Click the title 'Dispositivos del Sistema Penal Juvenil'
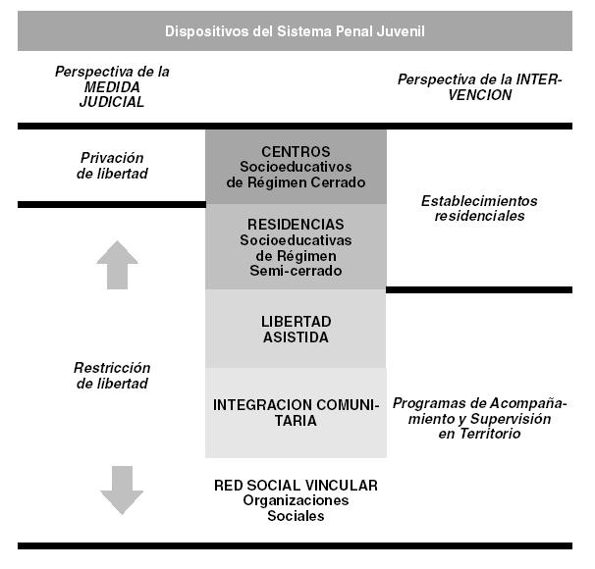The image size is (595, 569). click(x=295, y=31)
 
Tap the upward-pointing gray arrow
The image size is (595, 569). click(x=117, y=265)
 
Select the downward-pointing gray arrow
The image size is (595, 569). click(x=122, y=491)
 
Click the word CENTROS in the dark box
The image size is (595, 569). click(x=296, y=152)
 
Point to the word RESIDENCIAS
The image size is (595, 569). click(x=296, y=225)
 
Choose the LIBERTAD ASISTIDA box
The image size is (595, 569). click(x=296, y=329)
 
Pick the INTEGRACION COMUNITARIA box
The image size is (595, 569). click(x=296, y=413)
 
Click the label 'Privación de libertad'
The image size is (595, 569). click(x=112, y=166)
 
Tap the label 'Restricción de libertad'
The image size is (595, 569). click(x=112, y=376)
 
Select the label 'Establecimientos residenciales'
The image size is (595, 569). click(x=479, y=208)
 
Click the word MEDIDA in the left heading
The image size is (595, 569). click(x=112, y=87)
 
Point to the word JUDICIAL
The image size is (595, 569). click(x=112, y=102)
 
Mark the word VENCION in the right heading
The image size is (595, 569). click(x=480, y=95)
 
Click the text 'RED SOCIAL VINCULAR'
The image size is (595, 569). click(x=296, y=486)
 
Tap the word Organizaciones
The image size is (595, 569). click(x=296, y=500)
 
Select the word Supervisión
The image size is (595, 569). click(x=511, y=419)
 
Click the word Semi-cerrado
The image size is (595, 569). click(x=296, y=271)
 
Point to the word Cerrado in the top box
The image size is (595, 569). click(x=338, y=182)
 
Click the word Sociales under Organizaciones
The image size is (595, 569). click(x=296, y=516)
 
